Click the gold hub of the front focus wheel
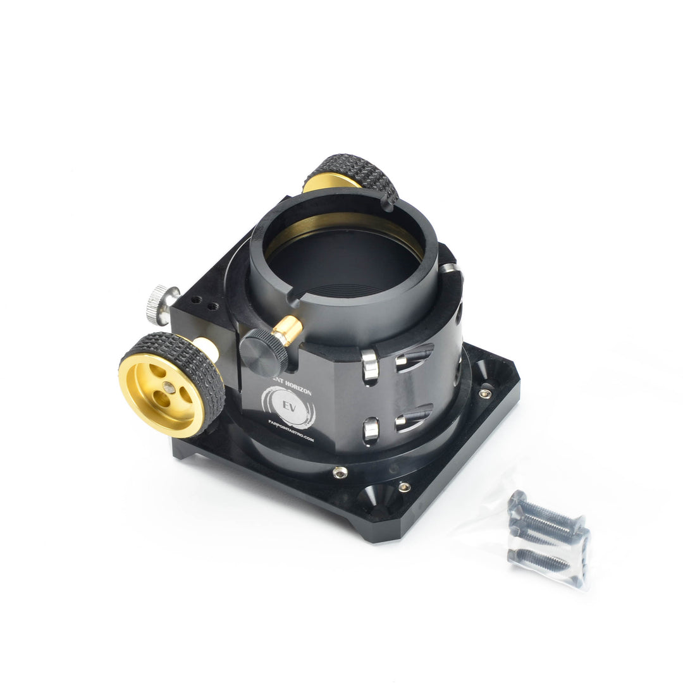pyautogui.click(x=161, y=395)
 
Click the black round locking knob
pyautogui.click(x=263, y=352)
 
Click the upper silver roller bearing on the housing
pyautogui.click(x=370, y=366)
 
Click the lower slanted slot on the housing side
pyautogui.click(x=414, y=417)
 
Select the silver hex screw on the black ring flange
pyautogui.click(x=340, y=472)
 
